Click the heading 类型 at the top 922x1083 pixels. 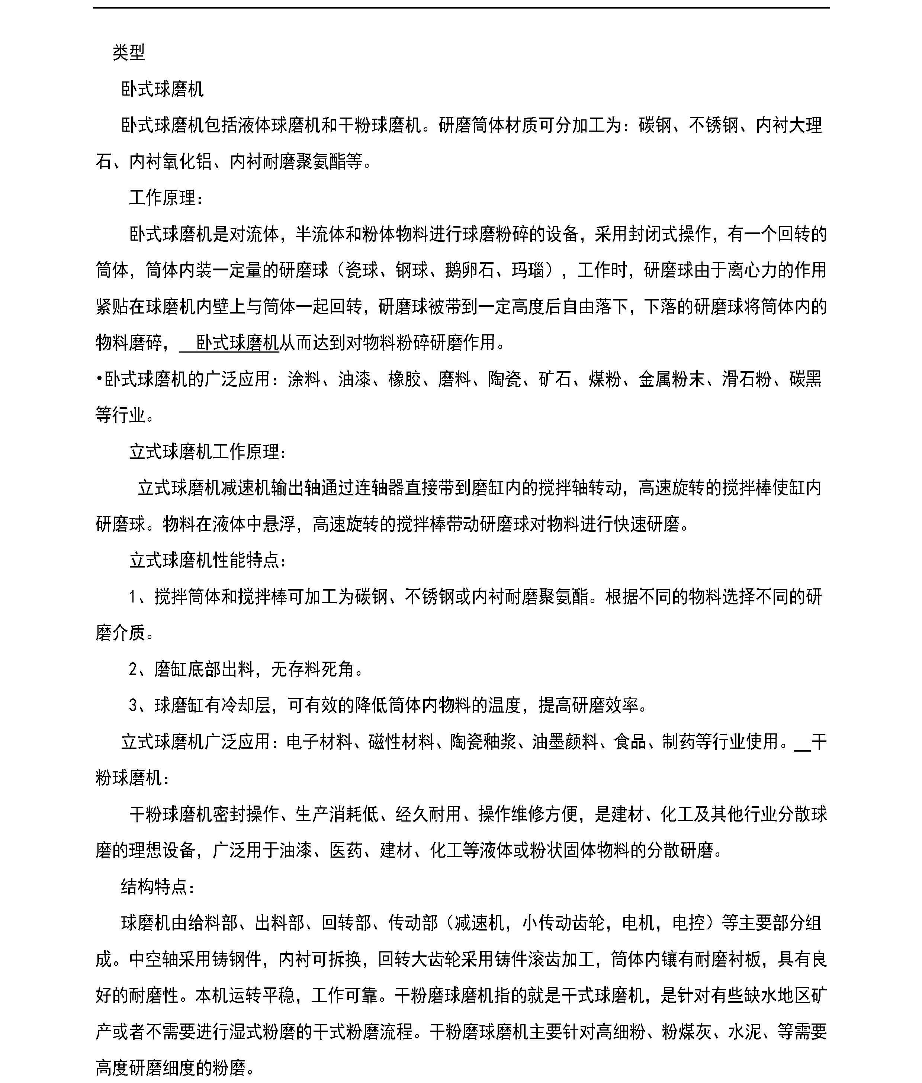(x=129, y=52)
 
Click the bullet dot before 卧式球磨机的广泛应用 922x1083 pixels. (x=99, y=379)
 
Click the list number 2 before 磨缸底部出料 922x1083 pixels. (x=133, y=669)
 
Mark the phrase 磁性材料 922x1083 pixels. (x=401, y=742)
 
